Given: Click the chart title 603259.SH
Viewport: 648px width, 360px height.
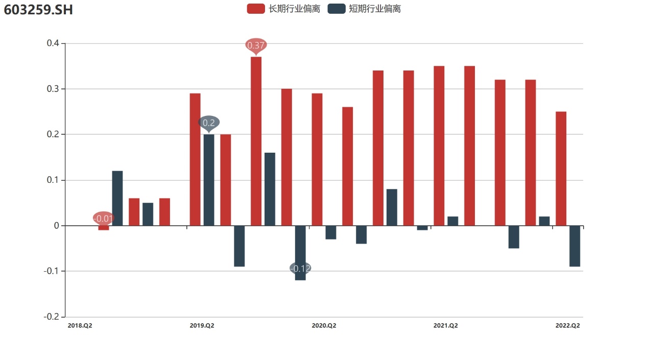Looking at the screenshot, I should coord(38,9).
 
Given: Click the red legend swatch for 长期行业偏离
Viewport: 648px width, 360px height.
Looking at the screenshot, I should coord(255,9).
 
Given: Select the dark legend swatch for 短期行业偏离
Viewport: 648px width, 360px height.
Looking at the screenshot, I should coord(337,9).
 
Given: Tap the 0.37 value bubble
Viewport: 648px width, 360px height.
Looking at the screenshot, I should coord(256,45).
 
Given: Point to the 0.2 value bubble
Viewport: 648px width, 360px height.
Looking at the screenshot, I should coord(209,123).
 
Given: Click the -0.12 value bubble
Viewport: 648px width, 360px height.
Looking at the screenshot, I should coord(300,269).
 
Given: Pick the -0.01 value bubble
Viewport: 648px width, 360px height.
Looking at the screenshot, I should coord(104,219).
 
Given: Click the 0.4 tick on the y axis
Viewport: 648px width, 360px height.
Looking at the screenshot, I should coord(53,43).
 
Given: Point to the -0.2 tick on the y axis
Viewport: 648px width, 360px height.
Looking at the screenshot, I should coord(52,317).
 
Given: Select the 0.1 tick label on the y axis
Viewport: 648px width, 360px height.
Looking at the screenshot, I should coord(53,180).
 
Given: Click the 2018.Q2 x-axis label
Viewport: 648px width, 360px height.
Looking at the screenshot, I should coord(80,326).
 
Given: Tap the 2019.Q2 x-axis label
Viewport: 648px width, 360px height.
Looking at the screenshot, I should coord(202,326).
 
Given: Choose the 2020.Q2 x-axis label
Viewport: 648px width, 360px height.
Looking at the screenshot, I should coord(324,326).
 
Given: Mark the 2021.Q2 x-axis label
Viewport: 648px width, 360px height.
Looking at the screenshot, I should coord(446,326).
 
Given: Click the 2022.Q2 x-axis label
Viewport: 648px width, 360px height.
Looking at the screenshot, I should coord(568,326).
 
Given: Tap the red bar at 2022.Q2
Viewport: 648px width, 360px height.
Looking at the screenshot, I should coord(561,169).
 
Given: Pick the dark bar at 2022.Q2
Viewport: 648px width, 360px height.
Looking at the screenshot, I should coord(574,246).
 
